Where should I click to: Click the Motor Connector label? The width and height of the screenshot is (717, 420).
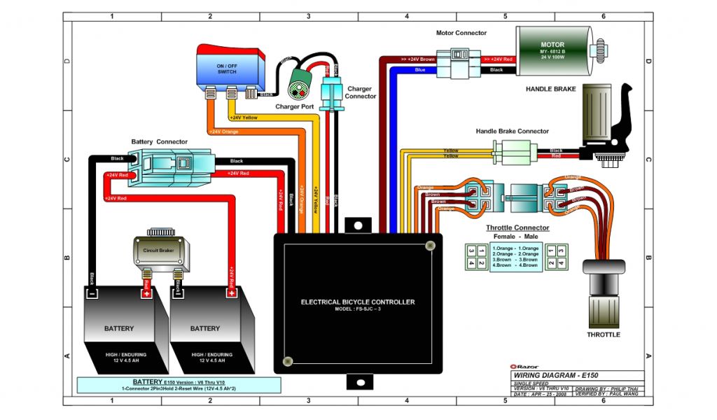[461, 33]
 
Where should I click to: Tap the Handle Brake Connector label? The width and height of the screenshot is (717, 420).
[512, 131]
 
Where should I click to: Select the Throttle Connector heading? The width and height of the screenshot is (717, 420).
[517, 228]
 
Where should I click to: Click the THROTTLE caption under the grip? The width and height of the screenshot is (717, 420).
[603, 335]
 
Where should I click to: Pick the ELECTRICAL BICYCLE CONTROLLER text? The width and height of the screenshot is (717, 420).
[357, 302]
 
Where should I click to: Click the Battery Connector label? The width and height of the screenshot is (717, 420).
[159, 142]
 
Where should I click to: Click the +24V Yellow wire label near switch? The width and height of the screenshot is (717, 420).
[243, 118]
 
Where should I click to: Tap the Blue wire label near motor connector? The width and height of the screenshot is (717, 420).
[420, 70]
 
